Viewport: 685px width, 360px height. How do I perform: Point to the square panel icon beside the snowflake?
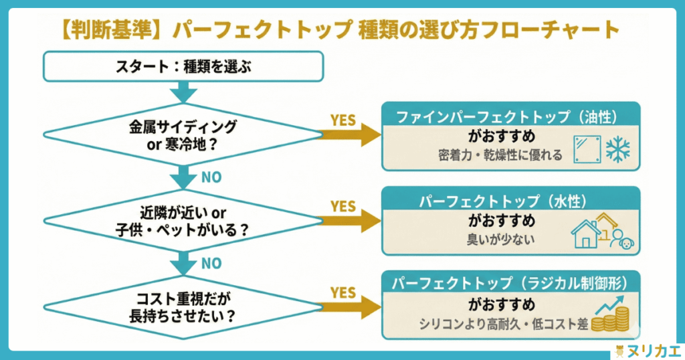tap(586, 149)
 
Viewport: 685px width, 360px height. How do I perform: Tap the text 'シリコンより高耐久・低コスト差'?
tap(503, 324)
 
